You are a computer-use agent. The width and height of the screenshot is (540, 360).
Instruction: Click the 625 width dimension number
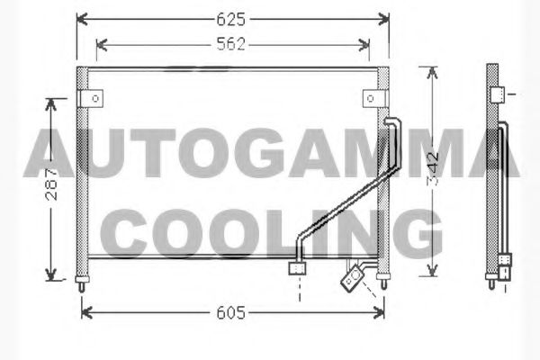click(230, 19)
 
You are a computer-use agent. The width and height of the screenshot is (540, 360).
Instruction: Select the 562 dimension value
click(230, 44)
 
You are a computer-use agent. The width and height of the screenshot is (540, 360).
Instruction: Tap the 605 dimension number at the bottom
click(230, 313)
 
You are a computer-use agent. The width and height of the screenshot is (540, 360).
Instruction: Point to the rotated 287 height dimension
click(51, 184)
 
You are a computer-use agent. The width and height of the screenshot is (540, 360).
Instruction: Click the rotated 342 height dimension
click(433, 168)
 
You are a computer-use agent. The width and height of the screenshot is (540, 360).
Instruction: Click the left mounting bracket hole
click(95, 98)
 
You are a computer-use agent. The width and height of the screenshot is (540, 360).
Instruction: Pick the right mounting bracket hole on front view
click(371, 98)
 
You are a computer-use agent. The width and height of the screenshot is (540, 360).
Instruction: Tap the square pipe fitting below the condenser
click(297, 268)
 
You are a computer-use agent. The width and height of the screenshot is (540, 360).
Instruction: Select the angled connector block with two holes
click(352, 278)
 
